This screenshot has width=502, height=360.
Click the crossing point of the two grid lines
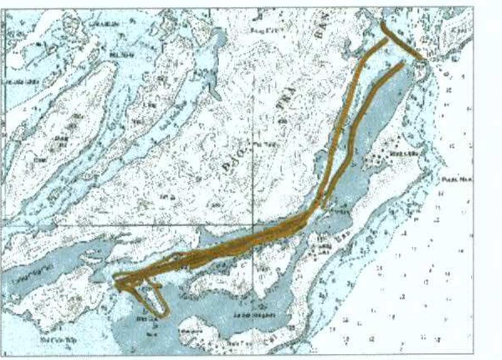coord(253,225)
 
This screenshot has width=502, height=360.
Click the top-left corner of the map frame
coord(4,8)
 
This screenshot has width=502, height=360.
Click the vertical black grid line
coord(253,139)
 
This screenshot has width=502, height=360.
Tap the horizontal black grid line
coord(112,225)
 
